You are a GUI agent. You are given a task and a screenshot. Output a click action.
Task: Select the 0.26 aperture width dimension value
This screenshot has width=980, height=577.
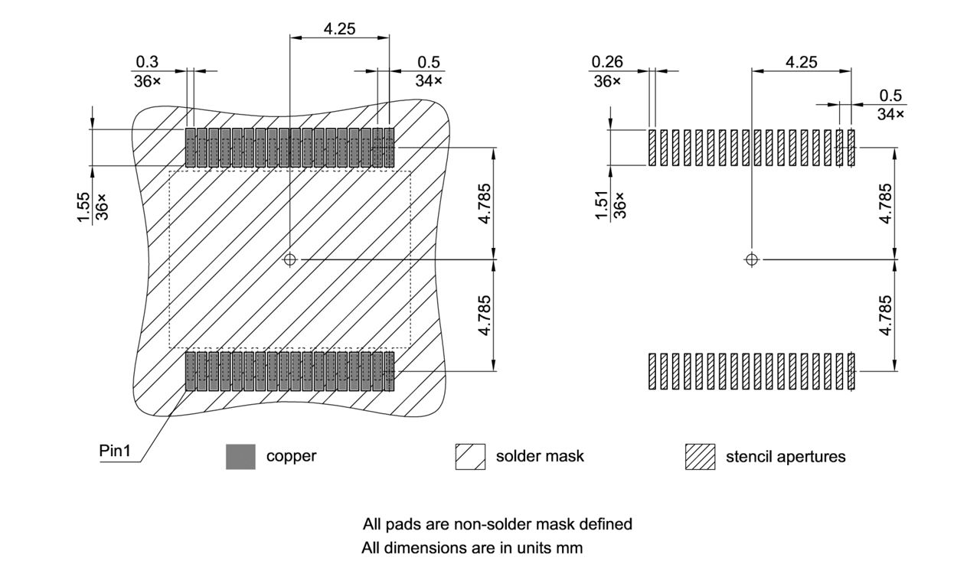click(x=607, y=62)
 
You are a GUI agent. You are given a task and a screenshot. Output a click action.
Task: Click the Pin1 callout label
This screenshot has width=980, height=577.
click(x=115, y=451)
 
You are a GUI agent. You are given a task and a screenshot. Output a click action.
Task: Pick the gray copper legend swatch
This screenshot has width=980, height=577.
click(x=240, y=456)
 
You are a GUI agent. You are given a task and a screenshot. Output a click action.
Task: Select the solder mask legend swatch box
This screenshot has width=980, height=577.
click(x=470, y=456)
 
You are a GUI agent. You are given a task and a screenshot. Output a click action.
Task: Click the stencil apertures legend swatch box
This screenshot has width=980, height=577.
click(x=700, y=456)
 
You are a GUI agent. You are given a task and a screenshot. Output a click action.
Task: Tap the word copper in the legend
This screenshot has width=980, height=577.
click(x=291, y=456)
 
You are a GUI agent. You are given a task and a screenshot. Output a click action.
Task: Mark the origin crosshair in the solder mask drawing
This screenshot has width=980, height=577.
click(x=289, y=259)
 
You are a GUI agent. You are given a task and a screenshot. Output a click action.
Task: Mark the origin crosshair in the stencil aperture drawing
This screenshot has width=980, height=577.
click(x=751, y=259)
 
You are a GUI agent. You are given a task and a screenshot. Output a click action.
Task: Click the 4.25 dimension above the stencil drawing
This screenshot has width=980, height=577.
click(x=801, y=62)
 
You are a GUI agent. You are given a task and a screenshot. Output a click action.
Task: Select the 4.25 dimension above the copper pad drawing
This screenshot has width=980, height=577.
click(x=339, y=29)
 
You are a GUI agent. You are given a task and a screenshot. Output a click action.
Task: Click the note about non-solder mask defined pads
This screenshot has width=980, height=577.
click(x=497, y=524)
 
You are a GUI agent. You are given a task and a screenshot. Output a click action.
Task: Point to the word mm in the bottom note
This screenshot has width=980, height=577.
click(x=570, y=548)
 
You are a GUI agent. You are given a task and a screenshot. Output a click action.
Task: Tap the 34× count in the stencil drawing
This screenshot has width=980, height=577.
click(x=890, y=114)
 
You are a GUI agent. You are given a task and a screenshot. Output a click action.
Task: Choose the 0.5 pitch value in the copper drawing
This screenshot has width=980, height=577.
click(x=430, y=62)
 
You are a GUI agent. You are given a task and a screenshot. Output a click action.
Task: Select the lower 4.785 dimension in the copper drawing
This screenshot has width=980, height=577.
click(x=484, y=315)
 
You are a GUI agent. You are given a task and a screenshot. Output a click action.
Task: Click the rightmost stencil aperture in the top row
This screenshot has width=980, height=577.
click(x=851, y=148)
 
